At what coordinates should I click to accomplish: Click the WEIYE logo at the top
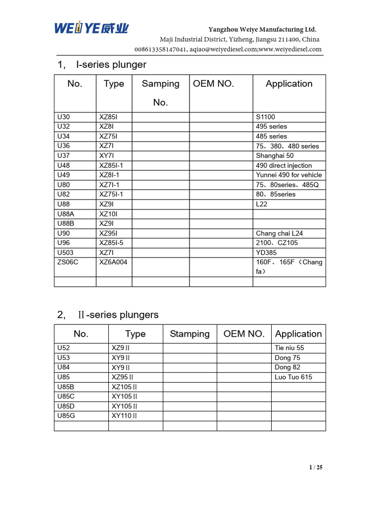[x=91, y=29]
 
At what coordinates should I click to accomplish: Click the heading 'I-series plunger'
[x=111, y=65]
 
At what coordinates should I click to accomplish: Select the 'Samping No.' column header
[x=160, y=93]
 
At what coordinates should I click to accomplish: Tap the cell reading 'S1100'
[x=265, y=117]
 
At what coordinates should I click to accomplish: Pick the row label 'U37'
[x=64, y=155]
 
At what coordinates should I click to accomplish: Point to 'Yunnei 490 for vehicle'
[x=289, y=175]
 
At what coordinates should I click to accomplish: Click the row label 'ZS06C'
[x=68, y=262]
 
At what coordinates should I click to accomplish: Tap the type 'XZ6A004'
[x=113, y=262]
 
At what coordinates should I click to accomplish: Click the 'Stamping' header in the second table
[x=190, y=334]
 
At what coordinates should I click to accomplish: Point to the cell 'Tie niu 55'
[x=289, y=348]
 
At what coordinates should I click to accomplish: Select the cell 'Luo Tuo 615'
[x=293, y=377]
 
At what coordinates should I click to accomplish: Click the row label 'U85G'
[x=66, y=415]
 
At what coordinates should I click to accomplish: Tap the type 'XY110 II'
[x=124, y=415]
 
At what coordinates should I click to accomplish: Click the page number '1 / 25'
[x=315, y=467]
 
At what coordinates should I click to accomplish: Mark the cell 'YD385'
[x=266, y=253]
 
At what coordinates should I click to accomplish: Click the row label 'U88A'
[x=66, y=214]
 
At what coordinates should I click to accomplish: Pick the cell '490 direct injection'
[x=284, y=165]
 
